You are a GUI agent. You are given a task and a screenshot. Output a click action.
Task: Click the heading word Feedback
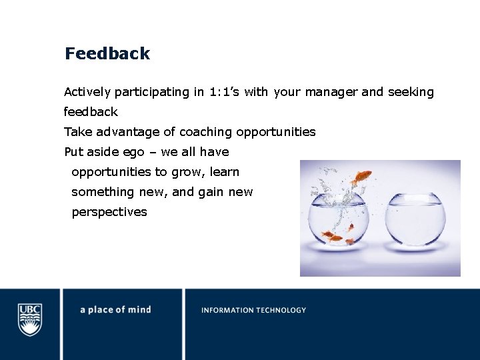point(107,53)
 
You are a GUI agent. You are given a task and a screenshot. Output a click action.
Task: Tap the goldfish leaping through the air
point(362,177)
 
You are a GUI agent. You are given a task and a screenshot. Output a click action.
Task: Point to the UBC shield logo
point(29,319)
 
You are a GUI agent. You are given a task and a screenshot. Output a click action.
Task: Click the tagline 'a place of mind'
point(115,310)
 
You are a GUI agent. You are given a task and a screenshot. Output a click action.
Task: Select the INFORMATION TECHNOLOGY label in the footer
point(253,310)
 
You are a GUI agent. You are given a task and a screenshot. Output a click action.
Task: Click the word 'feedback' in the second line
point(91,112)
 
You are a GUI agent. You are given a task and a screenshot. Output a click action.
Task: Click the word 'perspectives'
point(109,212)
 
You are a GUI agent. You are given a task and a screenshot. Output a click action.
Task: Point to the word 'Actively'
point(87,92)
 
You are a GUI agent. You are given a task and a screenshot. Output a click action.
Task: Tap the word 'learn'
point(225,172)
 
